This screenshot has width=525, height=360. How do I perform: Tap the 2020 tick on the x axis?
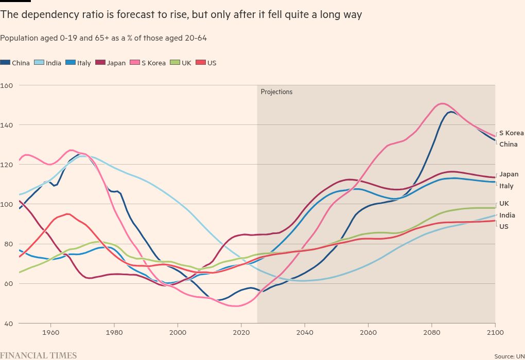coord(241,333)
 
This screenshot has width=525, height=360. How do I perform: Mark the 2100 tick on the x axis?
coord(495,333)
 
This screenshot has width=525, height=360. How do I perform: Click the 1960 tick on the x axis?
coord(50,333)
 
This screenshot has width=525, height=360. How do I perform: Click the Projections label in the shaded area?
coord(276,92)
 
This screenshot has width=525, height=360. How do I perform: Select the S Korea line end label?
coord(511,133)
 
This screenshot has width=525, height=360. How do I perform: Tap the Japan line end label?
coord(509,174)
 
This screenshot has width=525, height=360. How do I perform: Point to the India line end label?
coord(507,215)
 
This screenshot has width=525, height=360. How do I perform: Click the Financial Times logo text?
coord(39,355)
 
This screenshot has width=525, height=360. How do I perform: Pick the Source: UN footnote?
coord(509,356)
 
